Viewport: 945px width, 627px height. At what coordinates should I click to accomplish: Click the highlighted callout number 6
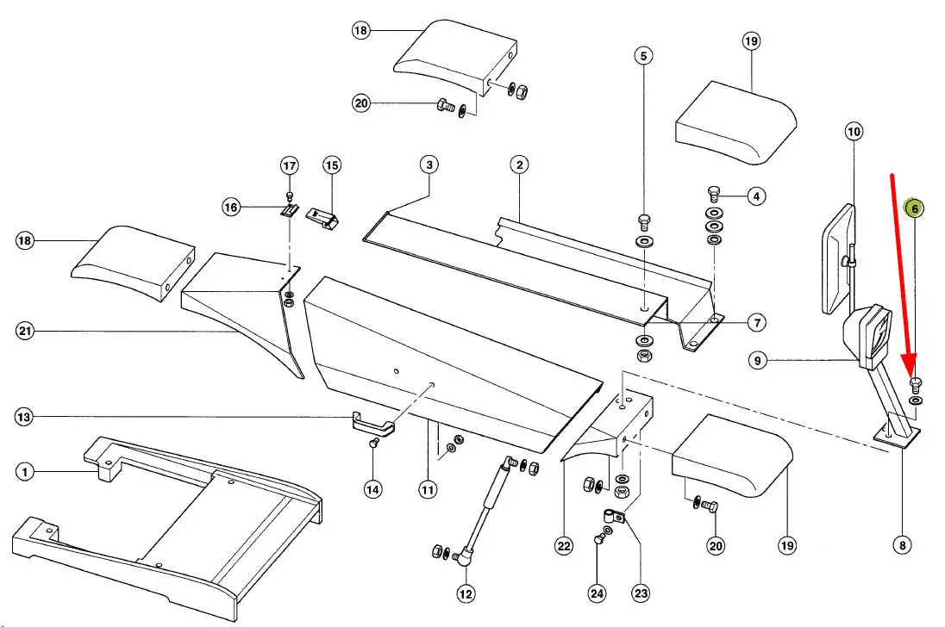coord(914,208)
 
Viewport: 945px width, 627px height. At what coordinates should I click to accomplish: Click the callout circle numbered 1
coord(26,471)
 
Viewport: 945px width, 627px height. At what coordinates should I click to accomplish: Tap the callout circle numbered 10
coord(854,132)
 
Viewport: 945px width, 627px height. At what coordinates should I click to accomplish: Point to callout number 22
coord(564,546)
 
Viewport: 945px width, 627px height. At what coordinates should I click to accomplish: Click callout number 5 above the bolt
coord(642,56)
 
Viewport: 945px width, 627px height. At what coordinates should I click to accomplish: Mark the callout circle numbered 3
coord(429,164)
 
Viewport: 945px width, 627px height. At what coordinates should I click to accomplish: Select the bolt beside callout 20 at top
coord(445,106)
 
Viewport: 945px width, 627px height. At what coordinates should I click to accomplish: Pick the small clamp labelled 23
coord(615,518)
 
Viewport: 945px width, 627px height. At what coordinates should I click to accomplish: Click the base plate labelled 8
coord(897,436)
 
